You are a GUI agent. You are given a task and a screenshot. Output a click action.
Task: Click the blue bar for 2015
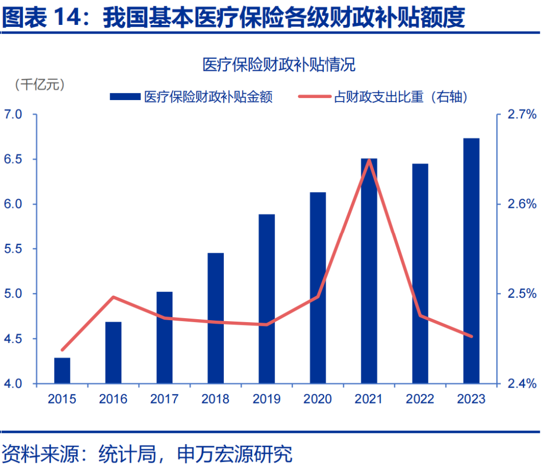tap(62, 370)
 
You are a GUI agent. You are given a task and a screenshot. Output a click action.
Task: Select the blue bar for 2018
tap(216, 318)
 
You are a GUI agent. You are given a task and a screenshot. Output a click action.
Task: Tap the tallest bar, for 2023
tap(471, 261)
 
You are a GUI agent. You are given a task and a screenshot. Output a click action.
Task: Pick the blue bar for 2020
tap(318, 288)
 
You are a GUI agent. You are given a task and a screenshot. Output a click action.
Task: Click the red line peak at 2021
tap(369, 160)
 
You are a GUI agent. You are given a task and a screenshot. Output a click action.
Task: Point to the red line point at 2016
tap(114, 297)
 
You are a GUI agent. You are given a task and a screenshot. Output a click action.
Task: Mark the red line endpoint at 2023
tap(471, 336)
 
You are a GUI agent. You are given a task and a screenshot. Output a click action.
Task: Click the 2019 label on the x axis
tap(267, 399)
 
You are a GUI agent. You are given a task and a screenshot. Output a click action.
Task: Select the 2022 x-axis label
tap(420, 399)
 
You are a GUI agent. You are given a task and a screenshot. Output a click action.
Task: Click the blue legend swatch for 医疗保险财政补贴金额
tap(125, 97)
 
